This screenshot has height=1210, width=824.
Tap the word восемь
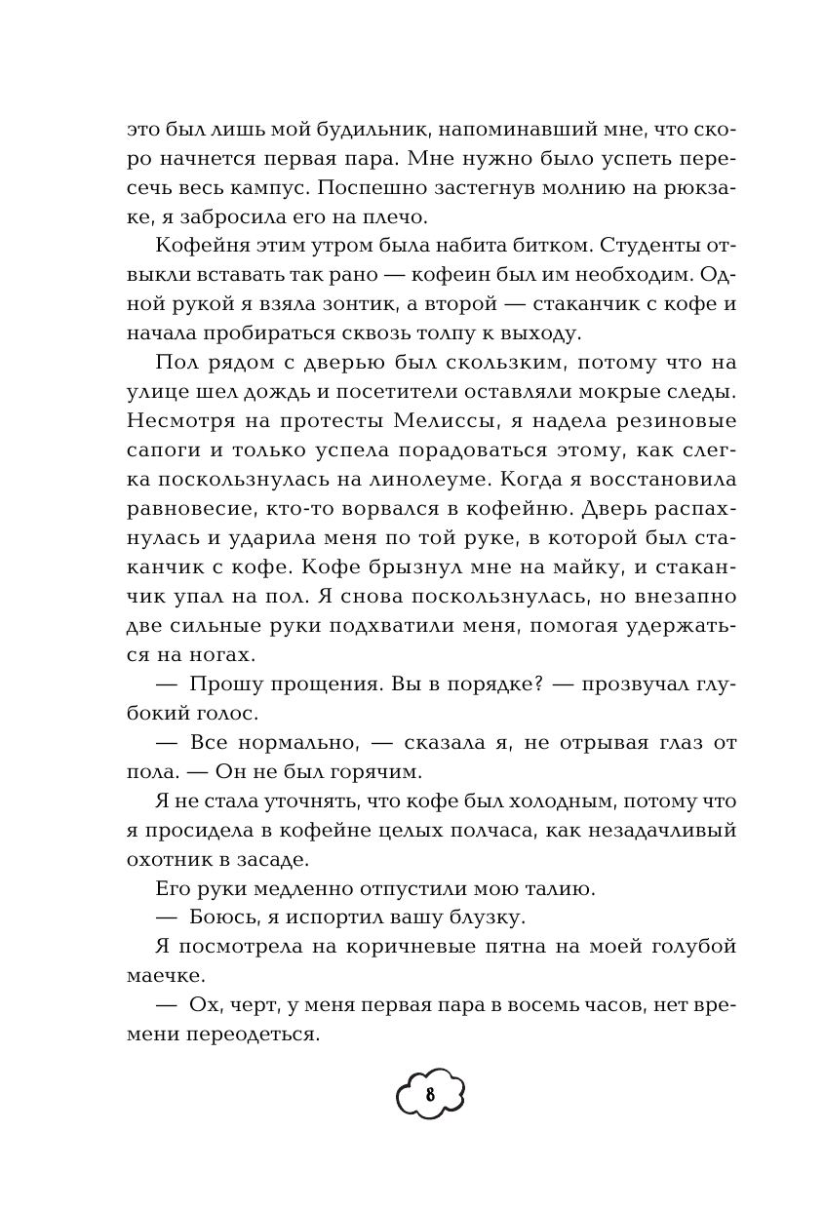coord(533,1004)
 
